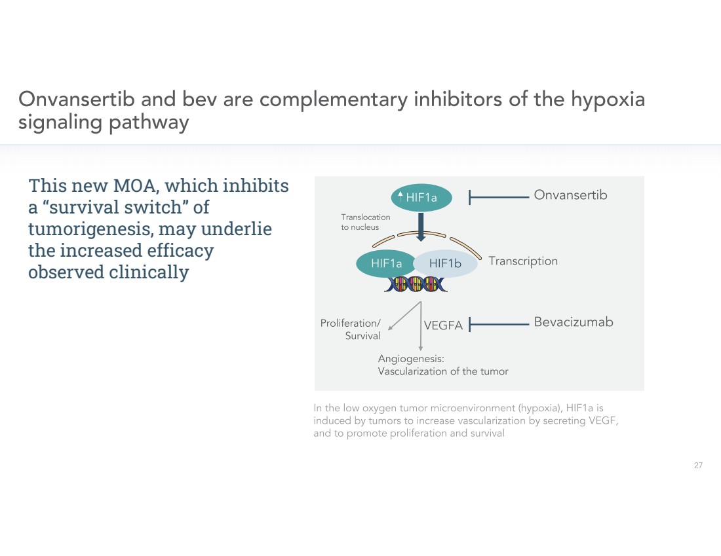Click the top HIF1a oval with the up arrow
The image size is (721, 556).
(x=417, y=197)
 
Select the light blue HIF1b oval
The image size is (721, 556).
(x=446, y=263)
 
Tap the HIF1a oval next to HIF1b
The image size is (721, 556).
(x=385, y=263)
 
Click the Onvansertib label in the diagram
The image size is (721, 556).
(x=570, y=195)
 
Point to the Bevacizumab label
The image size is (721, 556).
(x=574, y=322)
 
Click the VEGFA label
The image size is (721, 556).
(x=443, y=325)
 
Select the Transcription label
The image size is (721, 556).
(x=523, y=261)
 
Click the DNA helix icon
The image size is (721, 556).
(x=416, y=284)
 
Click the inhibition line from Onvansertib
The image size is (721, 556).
(x=498, y=195)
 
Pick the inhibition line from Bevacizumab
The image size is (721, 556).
(x=498, y=323)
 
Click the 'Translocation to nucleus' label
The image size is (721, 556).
(x=365, y=222)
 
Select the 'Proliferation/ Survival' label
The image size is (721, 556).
(x=351, y=329)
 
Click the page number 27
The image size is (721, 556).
(x=698, y=466)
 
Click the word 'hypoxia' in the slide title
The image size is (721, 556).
(x=608, y=100)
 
